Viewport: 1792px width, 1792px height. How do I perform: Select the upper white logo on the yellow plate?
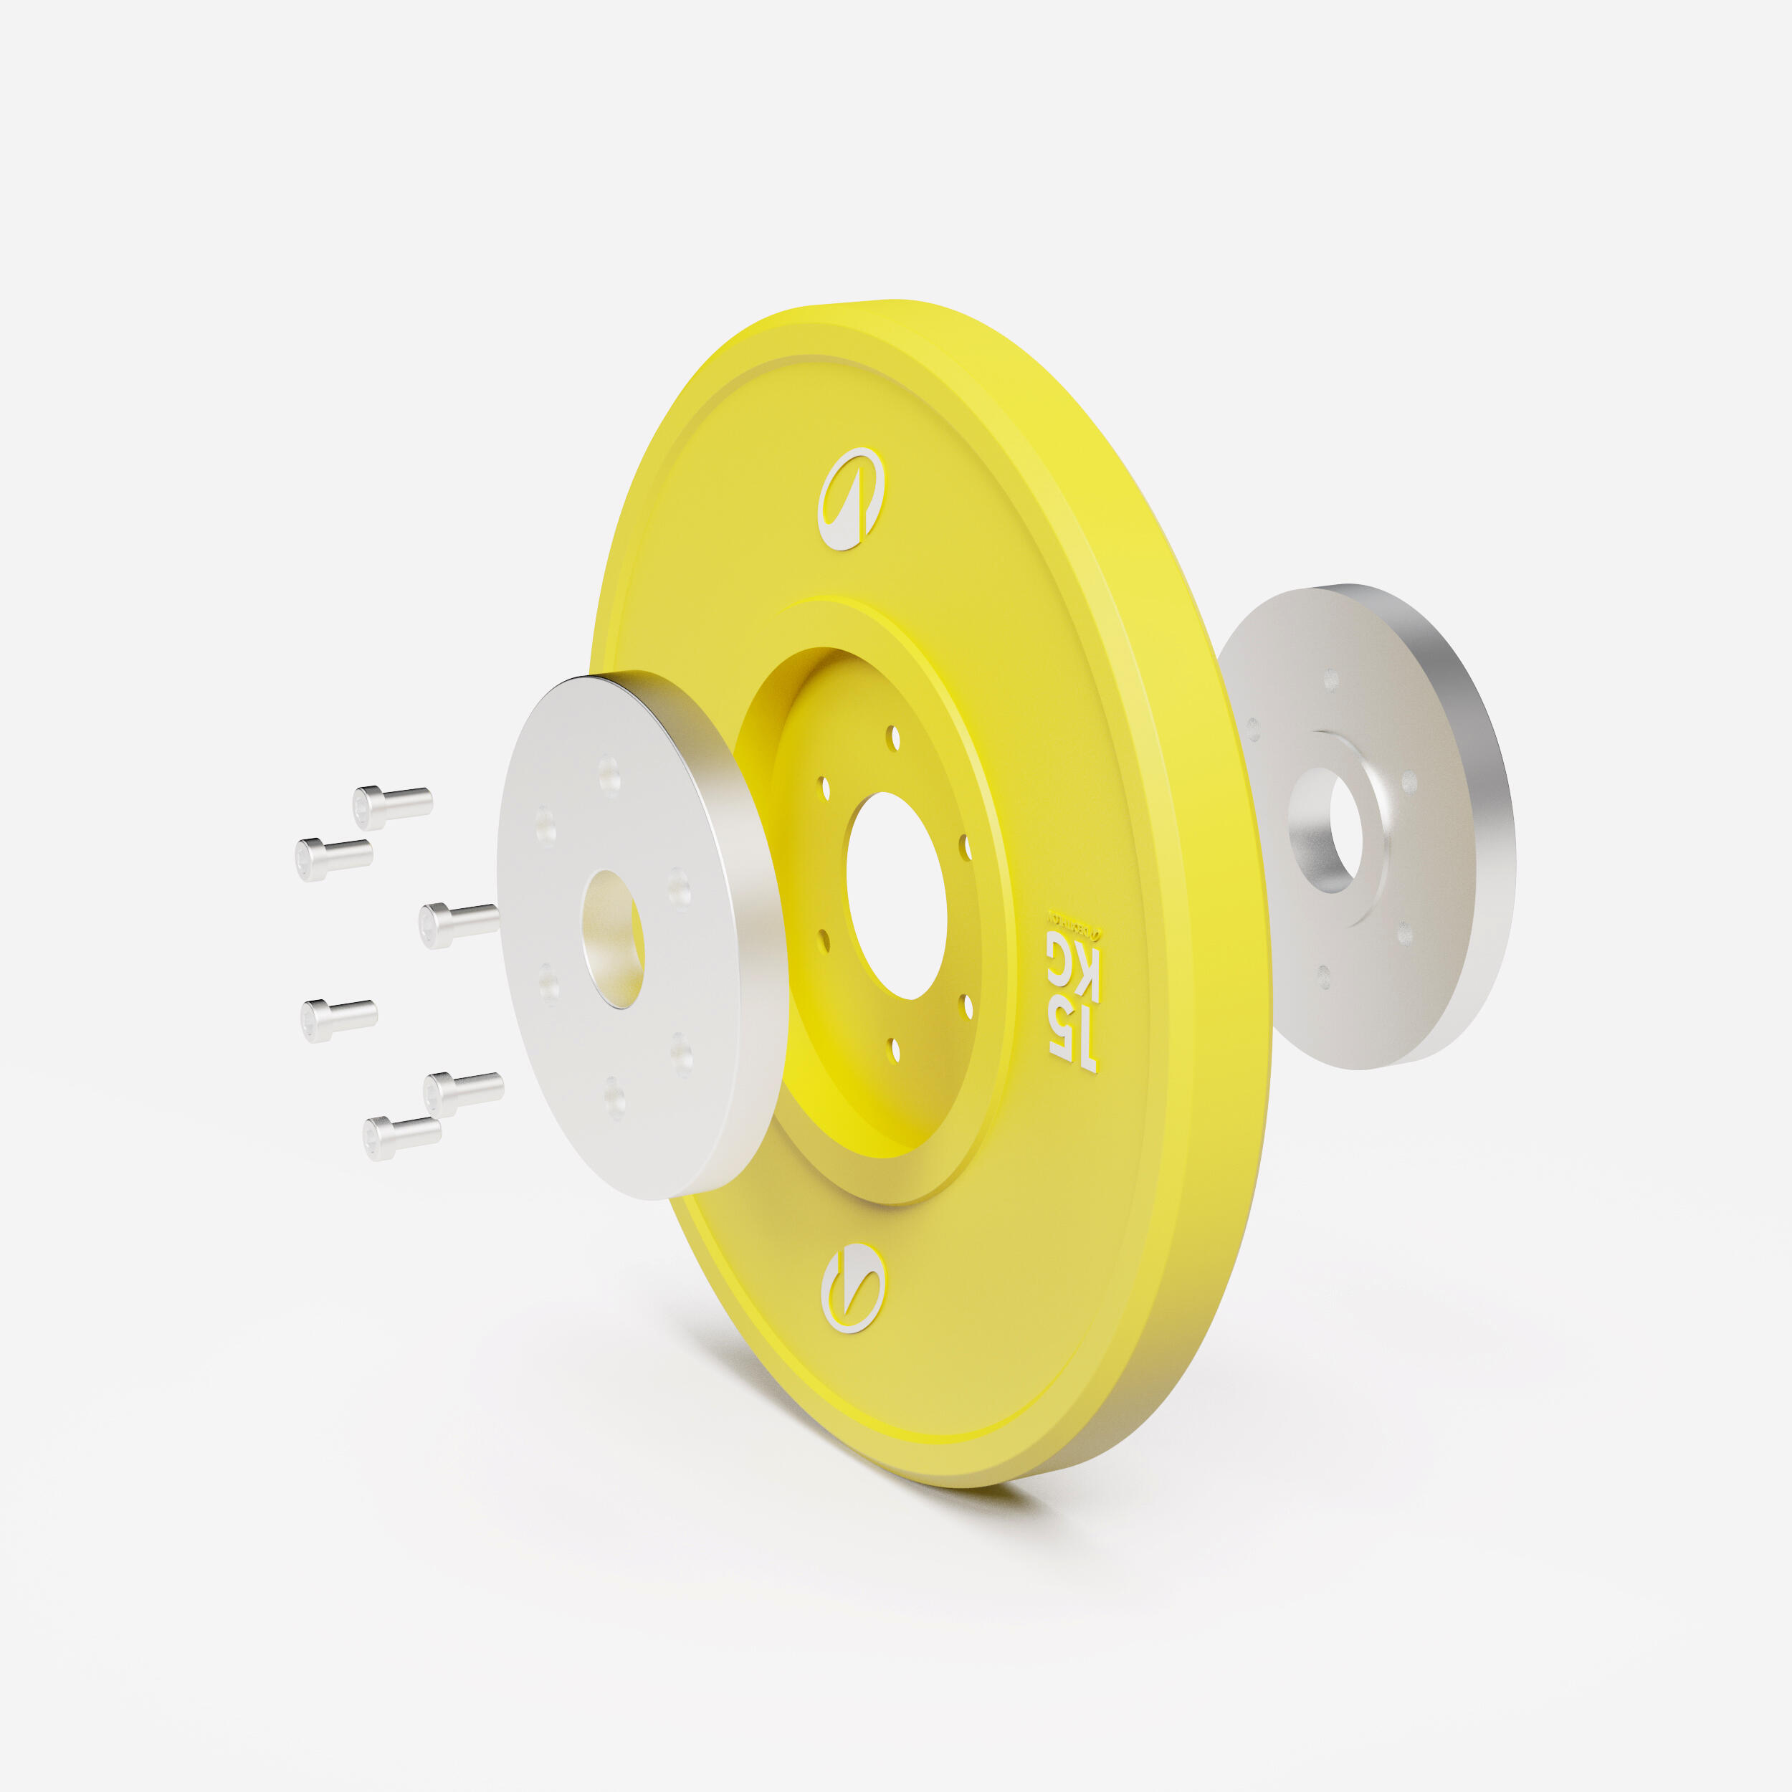[851, 499]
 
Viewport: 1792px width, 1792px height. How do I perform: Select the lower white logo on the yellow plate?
[853, 1287]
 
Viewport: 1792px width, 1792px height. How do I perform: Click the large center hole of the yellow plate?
[896, 896]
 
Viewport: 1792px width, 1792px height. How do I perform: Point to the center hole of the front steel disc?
[613, 939]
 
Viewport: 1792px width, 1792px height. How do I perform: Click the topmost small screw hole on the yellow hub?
[893, 738]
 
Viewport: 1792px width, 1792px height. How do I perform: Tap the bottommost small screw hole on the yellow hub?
[895, 1049]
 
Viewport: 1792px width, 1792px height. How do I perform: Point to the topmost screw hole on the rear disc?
[1331, 680]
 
